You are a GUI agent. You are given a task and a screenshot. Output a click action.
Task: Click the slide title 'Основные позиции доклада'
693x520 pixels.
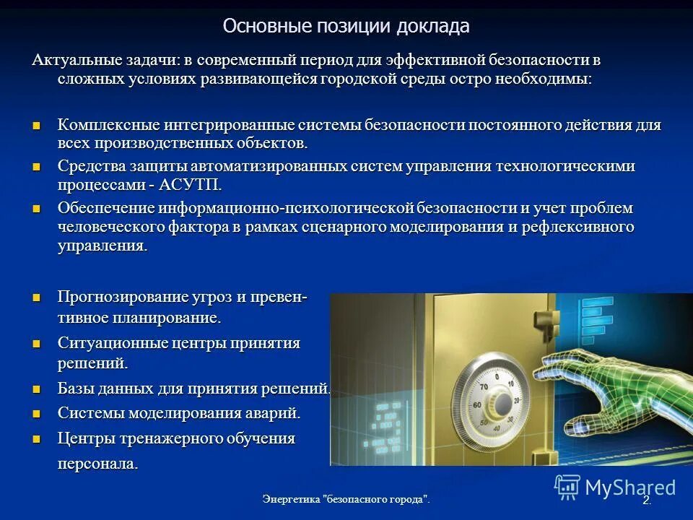346,27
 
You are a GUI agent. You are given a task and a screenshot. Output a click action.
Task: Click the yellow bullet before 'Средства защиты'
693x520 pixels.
38,167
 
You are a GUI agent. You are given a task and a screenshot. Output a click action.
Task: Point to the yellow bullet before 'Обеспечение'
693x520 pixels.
38,209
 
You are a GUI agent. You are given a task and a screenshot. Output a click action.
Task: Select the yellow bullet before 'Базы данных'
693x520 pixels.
38,389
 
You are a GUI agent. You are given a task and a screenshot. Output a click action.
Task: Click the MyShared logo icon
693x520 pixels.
567,487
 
